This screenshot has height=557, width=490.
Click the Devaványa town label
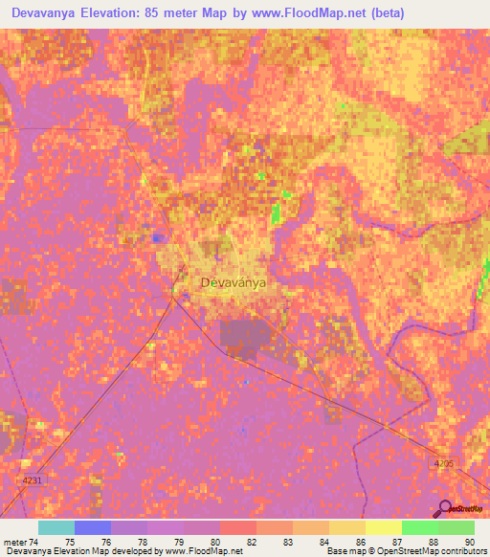point(233,283)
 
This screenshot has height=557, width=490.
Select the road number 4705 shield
point(441,462)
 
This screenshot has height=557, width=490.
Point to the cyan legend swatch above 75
point(56,527)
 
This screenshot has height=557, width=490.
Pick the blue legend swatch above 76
point(93,527)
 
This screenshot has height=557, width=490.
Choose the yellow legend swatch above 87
point(383,527)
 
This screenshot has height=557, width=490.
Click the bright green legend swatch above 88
point(419,527)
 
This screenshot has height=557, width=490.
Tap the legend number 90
point(468,541)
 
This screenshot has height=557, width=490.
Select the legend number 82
point(250,541)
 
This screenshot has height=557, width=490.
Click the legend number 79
point(177,541)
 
